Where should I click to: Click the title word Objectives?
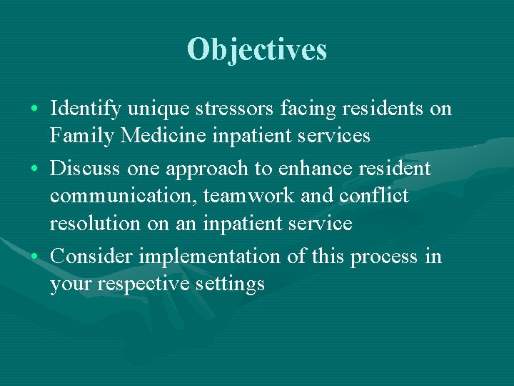257,49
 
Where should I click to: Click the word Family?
83,135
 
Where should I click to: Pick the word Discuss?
85,169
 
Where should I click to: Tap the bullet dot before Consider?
35,257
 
